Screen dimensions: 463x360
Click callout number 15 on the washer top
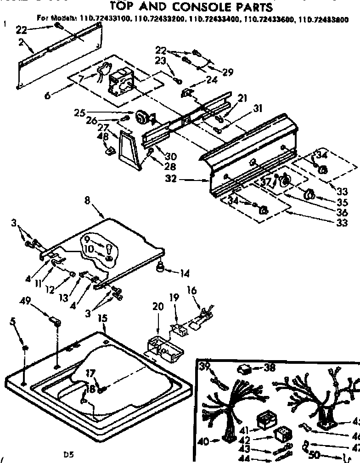click(x=102, y=317)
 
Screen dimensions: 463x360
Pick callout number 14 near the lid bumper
click(x=185, y=274)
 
